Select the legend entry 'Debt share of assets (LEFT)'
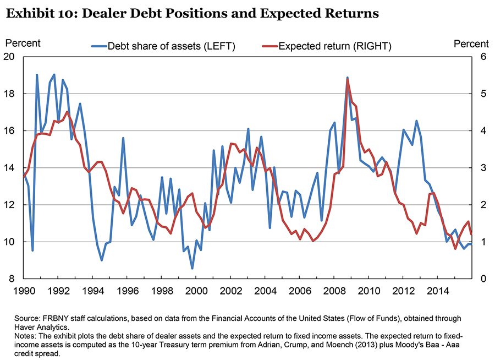point(171,46)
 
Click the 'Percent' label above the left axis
point(23,42)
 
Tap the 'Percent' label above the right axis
point(471,43)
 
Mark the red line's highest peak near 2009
point(348,79)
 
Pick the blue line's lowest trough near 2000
point(192,269)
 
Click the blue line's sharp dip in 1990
point(33,250)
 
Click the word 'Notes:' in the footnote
point(40,334)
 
